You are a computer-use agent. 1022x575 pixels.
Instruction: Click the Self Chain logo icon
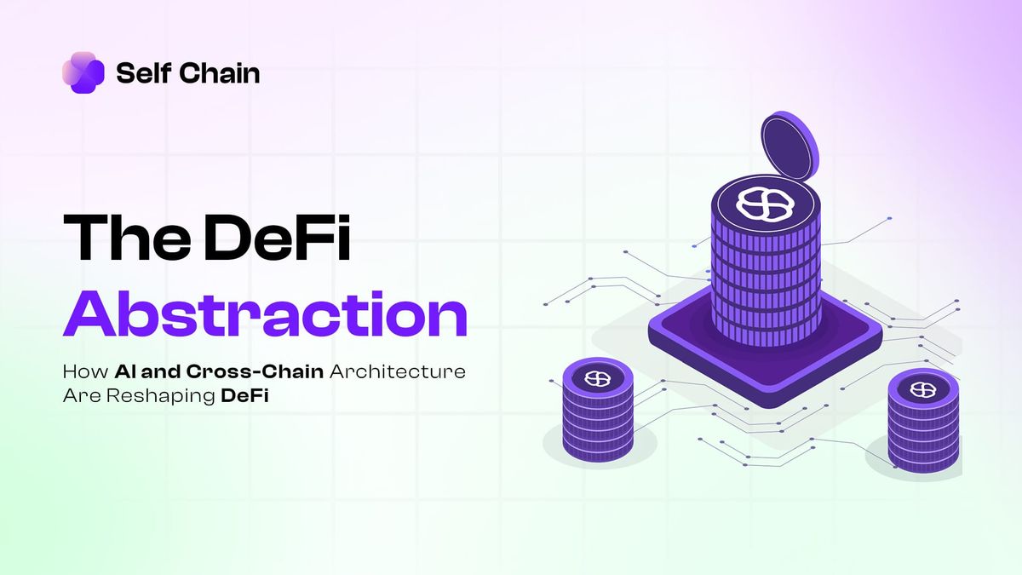click(83, 72)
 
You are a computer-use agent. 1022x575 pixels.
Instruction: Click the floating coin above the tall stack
click(790, 148)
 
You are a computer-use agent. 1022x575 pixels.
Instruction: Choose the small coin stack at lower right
click(923, 423)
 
